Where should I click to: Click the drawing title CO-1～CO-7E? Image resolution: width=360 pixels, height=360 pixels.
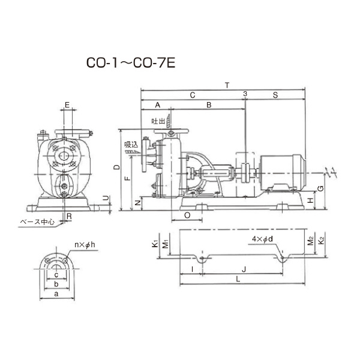coord(131,62)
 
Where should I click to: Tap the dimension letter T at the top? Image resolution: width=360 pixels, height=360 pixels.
coord(227,85)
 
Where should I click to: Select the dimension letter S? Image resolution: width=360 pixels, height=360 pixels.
coord(275,95)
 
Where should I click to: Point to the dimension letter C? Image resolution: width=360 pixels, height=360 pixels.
coord(193,95)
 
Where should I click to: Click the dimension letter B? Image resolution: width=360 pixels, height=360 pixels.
coord(209,105)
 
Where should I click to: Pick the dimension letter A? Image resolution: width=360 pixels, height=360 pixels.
coord(157,105)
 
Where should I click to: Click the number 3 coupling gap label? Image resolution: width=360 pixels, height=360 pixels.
coord(245,94)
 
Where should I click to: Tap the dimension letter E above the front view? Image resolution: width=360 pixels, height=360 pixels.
coord(67,105)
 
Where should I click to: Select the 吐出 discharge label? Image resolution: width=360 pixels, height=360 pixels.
coord(158,121)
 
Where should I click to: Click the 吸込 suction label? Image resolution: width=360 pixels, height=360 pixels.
coord(131,145)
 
